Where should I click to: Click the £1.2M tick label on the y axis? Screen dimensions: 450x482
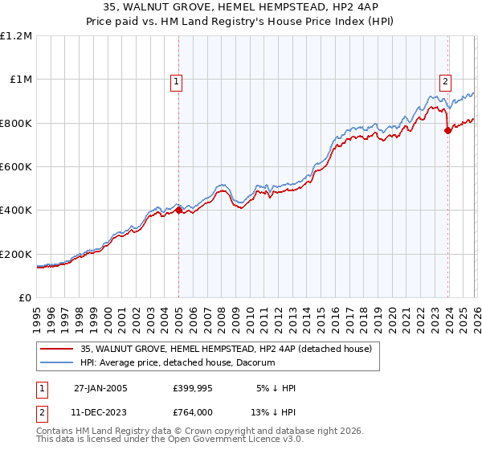16,36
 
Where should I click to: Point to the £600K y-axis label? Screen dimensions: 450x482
16,167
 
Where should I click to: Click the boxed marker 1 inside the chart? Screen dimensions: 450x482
176,80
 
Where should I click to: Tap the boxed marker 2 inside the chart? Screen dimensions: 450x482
444,80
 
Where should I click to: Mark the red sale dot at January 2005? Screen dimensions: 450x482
179,211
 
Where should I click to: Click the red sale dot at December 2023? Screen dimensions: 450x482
447,132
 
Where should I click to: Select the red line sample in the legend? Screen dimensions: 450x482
57,350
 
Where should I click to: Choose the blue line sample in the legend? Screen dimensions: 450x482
57,362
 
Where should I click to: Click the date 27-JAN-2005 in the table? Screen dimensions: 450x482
100,387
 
